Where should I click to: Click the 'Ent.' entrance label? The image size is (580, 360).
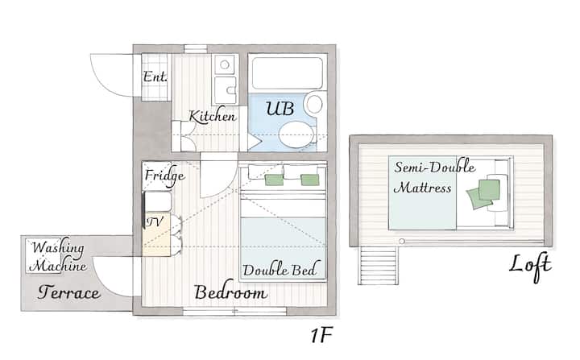click(155, 77)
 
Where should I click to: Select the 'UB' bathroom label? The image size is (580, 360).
click(280, 109)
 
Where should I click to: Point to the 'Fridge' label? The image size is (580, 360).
click(164, 176)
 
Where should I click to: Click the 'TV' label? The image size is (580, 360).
click(155, 221)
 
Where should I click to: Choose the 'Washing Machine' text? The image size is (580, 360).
click(58, 256)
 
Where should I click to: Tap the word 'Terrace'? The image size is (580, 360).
click(68, 292)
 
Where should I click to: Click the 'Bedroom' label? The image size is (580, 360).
click(230, 292)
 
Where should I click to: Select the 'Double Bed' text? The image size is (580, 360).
click(280, 269)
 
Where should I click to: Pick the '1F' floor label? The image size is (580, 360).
click(321, 335)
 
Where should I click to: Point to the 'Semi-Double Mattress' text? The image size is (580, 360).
click(435, 177)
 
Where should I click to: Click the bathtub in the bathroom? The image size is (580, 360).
click(288, 73)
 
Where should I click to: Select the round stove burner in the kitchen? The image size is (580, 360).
click(225, 64)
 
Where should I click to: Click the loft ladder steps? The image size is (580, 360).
click(378, 265)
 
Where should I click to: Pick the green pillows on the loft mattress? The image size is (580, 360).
click(484, 193)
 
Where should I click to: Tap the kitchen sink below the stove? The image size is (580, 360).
click(226, 91)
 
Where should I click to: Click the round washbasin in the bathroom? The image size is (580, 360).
click(314, 104)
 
